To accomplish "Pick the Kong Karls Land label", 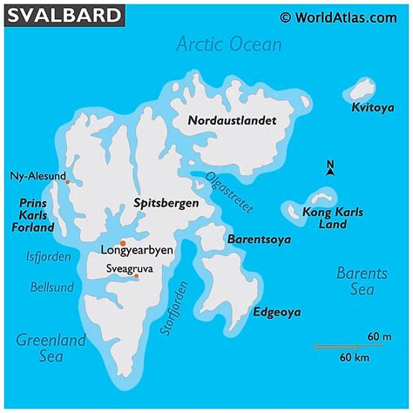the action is [x=333, y=219].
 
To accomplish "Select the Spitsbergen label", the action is [x=166, y=203].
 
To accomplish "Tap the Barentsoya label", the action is [x=259, y=239].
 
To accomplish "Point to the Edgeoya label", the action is [x=277, y=312].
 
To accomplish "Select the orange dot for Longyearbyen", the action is [x=124, y=242].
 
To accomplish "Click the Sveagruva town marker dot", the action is [x=135, y=276].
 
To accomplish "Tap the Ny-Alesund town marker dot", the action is [x=67, y=182].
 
